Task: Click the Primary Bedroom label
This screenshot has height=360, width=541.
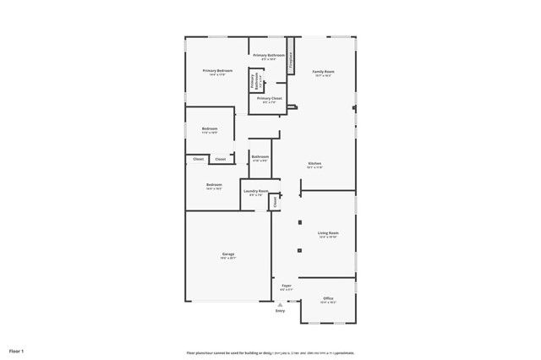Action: (x=217, y=71)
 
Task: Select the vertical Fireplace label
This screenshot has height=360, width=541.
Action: (x=291, y=60)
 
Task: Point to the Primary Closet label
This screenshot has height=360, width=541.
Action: (x=270, y=98)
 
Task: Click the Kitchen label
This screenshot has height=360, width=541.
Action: (x=314, y=163)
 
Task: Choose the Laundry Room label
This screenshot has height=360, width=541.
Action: (x=255, y=191)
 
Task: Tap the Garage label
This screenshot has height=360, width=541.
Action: (x=228, y=254)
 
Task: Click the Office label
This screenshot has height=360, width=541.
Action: (x=328, y=298)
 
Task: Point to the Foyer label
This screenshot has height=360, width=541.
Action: (x=287, y=286)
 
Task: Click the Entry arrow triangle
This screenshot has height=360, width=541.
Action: (x=280, y=304)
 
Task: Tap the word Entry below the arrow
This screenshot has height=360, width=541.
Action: (x=280, y=311)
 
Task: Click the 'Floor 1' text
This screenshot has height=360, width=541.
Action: (x=17, y=350)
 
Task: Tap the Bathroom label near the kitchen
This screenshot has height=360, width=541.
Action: (x=260, y=156)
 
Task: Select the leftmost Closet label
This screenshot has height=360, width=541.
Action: (x=199, y=159)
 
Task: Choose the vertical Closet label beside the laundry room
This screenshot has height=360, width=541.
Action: (x=275, y=202)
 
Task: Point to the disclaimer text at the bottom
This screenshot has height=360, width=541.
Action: (x=270, y=352)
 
